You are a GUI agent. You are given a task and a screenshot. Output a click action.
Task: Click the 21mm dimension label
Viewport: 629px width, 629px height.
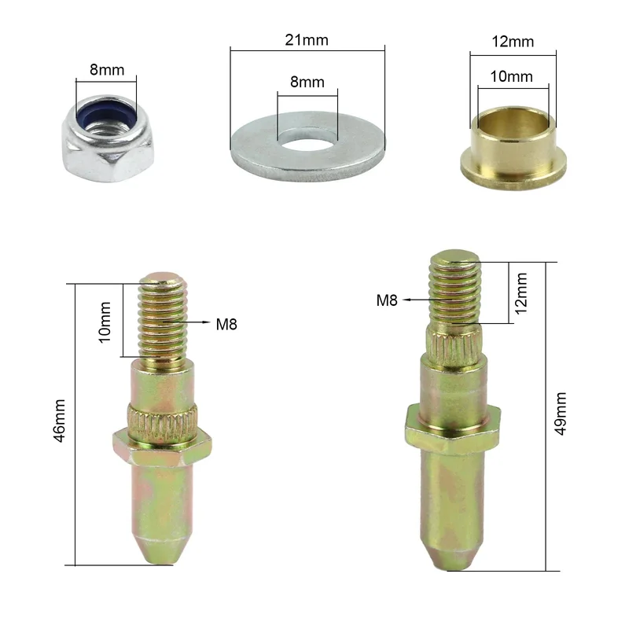[x=307, y=40]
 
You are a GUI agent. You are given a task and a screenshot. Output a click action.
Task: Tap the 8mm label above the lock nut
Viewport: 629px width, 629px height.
[x=107, y=70]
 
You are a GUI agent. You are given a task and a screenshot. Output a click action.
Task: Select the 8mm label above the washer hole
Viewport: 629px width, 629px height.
[x=307, y=83]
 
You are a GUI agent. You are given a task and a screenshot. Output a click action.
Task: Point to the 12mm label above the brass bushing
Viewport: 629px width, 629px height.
[x=513, y=42]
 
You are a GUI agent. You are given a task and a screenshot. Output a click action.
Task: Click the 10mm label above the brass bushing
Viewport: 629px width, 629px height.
[x=512, y=76]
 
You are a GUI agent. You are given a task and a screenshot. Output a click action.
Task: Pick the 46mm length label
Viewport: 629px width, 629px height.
[x=60, y=421]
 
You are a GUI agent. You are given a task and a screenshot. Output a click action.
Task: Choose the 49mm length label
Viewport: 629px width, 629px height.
[x=560, y=414]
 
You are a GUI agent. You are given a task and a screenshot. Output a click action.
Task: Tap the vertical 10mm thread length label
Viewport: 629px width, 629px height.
[x=105, y=322]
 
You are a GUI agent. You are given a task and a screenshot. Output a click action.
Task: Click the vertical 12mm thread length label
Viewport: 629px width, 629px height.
[x=520, y=293]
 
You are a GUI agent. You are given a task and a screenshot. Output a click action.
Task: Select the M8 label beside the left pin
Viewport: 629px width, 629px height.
[x=226, y=325]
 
